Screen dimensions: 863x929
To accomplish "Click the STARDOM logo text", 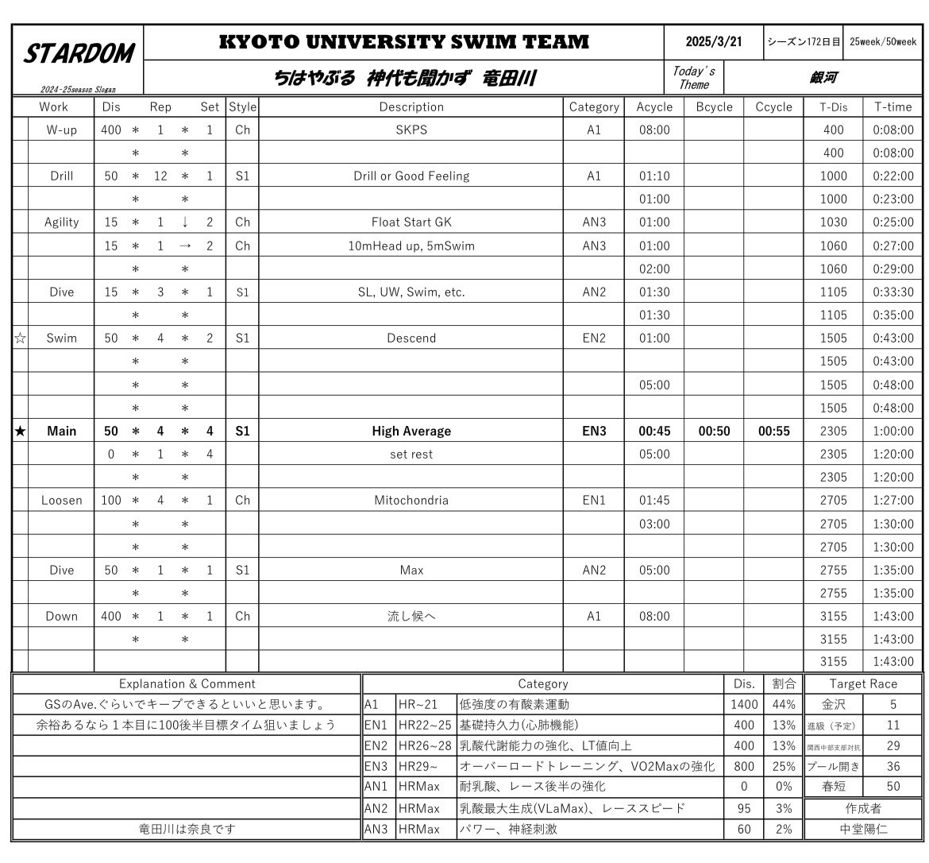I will [78, 53].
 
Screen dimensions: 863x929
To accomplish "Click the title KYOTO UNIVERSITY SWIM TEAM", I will [404, 42].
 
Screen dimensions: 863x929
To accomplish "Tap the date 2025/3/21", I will [713, 41].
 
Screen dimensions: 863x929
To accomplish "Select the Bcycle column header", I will [714, 106].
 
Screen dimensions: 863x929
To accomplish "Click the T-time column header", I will [893, 106].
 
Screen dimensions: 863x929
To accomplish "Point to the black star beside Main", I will [20, 431].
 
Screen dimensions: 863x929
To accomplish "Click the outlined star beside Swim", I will [20, 339].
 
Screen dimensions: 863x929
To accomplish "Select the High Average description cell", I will [411, 431].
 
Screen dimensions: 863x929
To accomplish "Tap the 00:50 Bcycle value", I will [714, 431].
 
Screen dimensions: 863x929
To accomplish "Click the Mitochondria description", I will [411, 501].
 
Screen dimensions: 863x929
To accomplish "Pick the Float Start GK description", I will [411, 223].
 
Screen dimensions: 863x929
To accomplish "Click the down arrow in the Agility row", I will [184, 223].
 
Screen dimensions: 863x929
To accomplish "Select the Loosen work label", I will [61, 501].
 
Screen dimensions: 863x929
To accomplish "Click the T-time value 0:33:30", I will [893, 292].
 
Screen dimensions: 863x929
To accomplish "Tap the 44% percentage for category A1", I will [783, 705].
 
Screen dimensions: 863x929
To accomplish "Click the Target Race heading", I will [863, 683].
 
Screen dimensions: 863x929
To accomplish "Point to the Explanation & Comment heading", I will [187, 683].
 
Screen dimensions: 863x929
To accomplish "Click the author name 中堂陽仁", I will [863, 830].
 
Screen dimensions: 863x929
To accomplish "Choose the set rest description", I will [411, 455].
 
